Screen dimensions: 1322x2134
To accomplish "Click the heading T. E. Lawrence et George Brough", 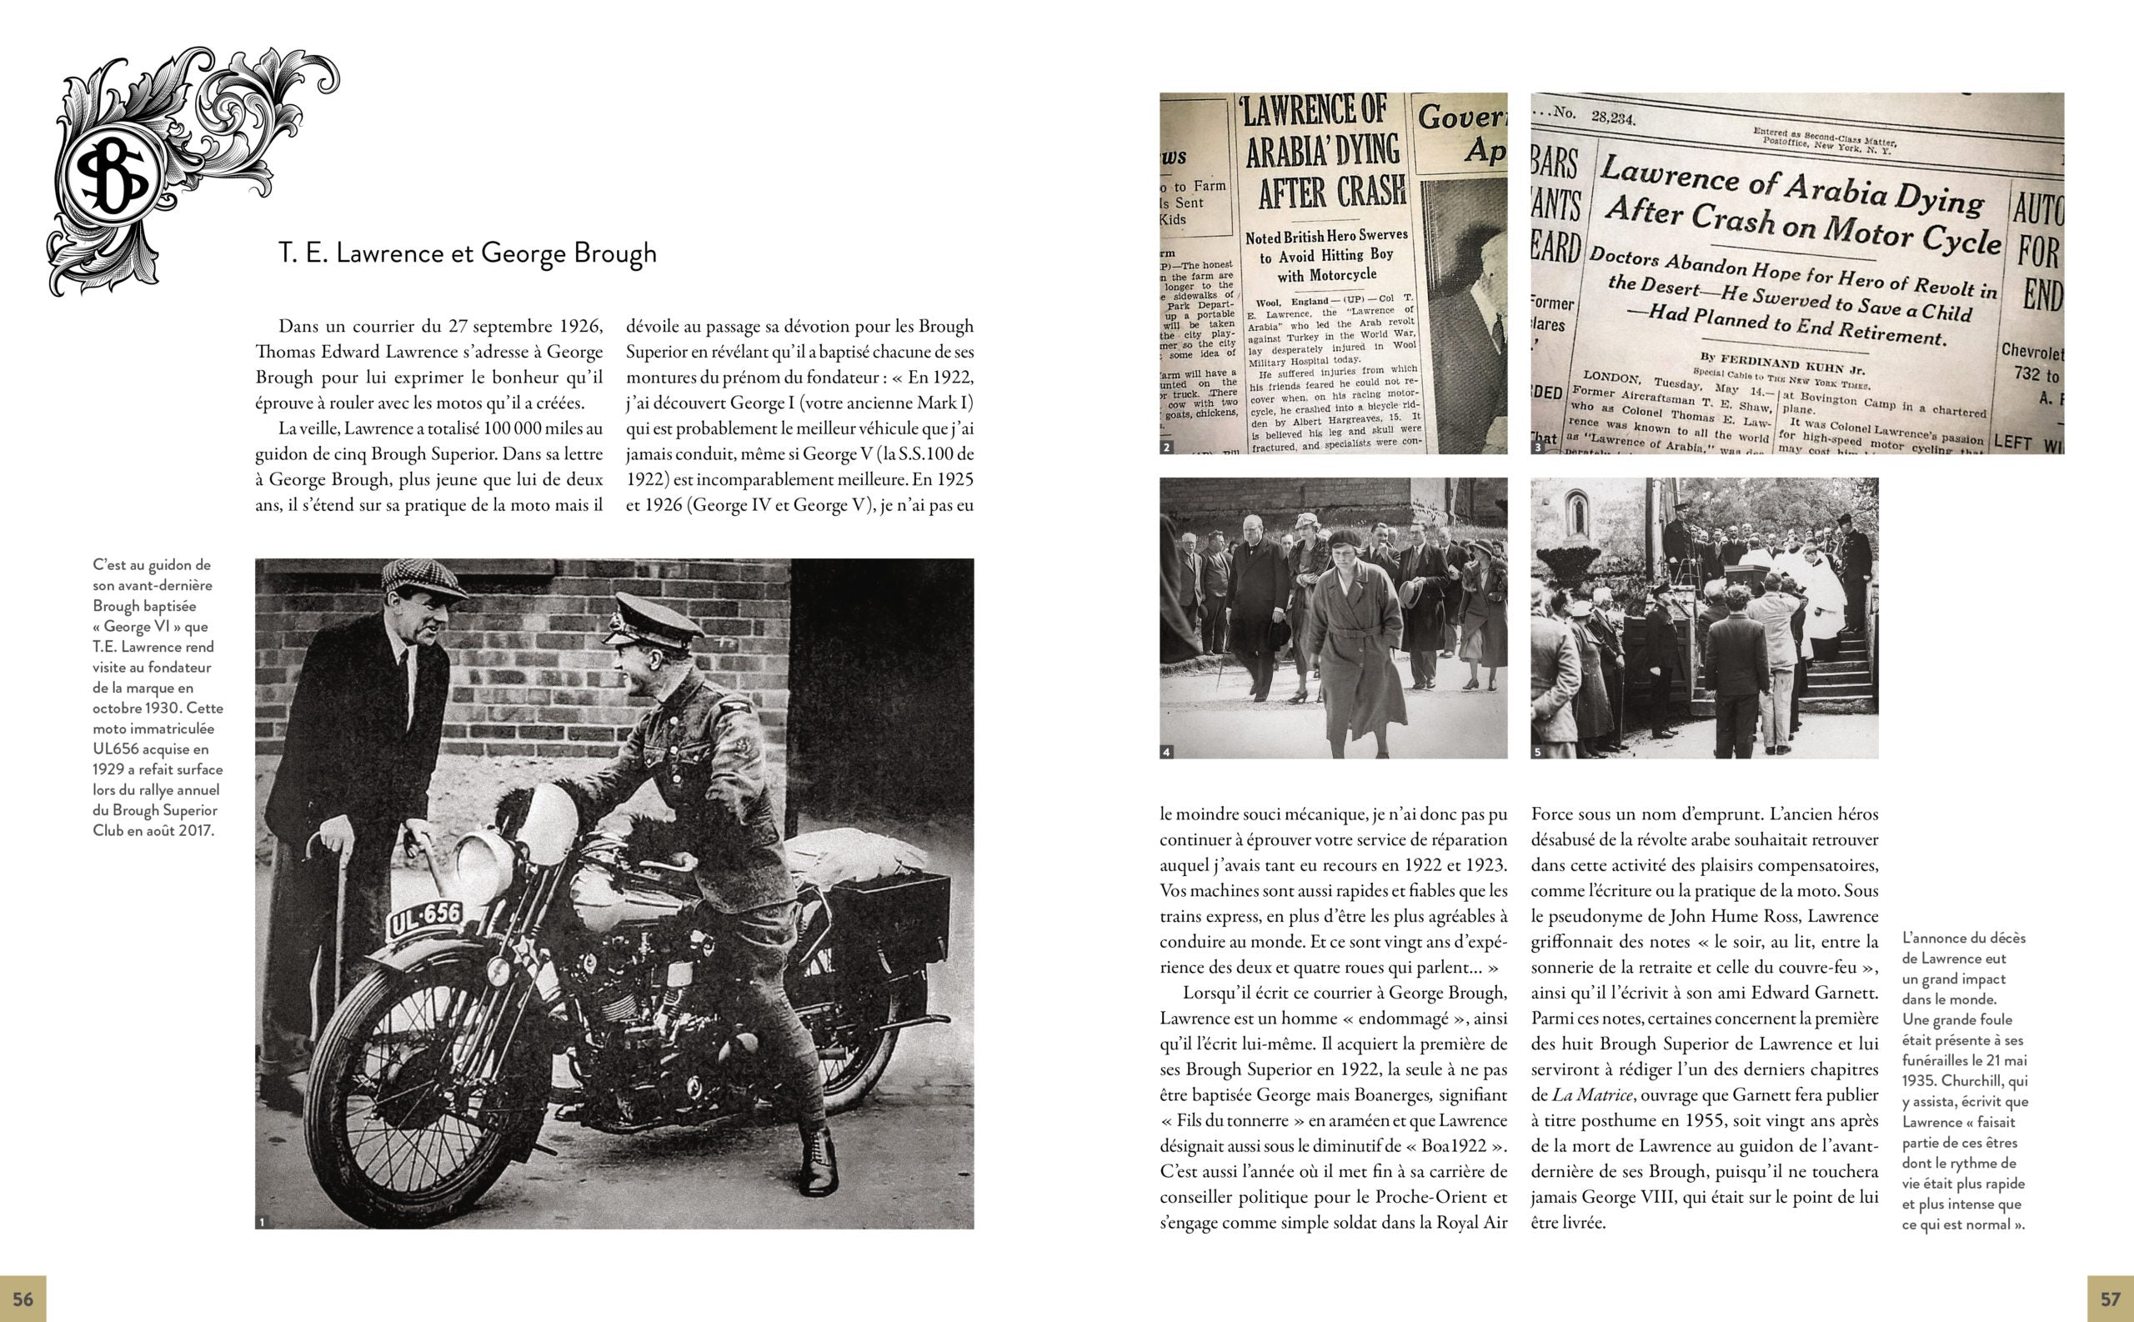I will [468, 253].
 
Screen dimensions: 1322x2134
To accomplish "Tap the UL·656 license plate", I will [426, 919].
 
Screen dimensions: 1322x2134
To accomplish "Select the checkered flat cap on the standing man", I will [423, 578].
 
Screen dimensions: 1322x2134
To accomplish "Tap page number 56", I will [23, 1299].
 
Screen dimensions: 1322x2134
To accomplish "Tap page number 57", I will [2111, 1299].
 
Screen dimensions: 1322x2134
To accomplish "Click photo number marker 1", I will [262, 1222].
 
